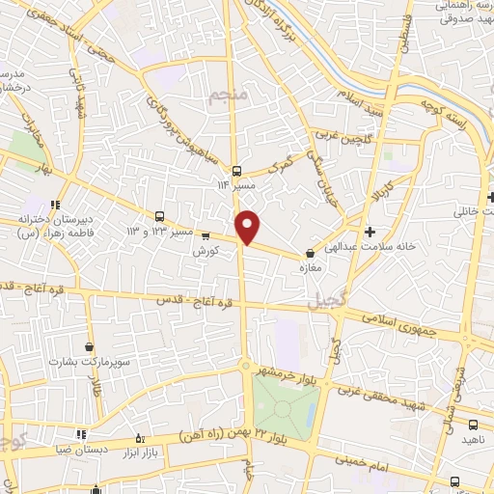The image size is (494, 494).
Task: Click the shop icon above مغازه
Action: click(309, 254)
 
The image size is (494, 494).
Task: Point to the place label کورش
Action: click(202, 249)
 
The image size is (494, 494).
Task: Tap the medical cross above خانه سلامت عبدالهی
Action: click(370, 232)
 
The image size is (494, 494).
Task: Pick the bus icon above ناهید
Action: click(473, 425)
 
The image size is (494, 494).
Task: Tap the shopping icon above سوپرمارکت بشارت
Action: click(90, 346)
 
